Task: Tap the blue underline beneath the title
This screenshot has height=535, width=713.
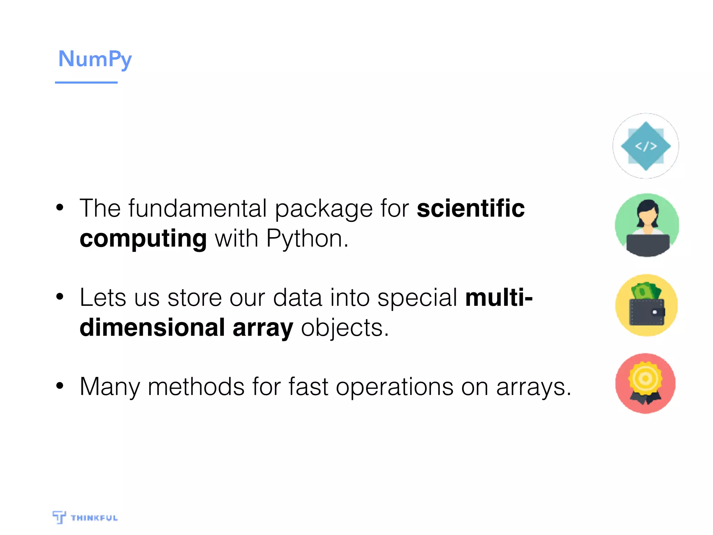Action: click(x=86, y=83)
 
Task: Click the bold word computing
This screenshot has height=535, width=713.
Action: click(x=143, y=239)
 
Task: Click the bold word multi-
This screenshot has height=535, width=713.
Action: click(x=499, y=298)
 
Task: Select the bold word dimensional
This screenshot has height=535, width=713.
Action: click(x=152, y=328)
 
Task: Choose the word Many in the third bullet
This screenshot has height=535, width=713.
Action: click(x=109, y=387)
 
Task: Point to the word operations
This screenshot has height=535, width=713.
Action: click(x=394, y=387)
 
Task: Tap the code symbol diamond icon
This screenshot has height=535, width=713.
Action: click(x=646, y=146)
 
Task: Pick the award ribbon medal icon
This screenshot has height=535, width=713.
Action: click(x=645, y=383)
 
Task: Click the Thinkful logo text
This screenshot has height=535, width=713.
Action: click(x=94, y=518)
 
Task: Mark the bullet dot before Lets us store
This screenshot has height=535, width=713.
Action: click(x=60, y=297)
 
